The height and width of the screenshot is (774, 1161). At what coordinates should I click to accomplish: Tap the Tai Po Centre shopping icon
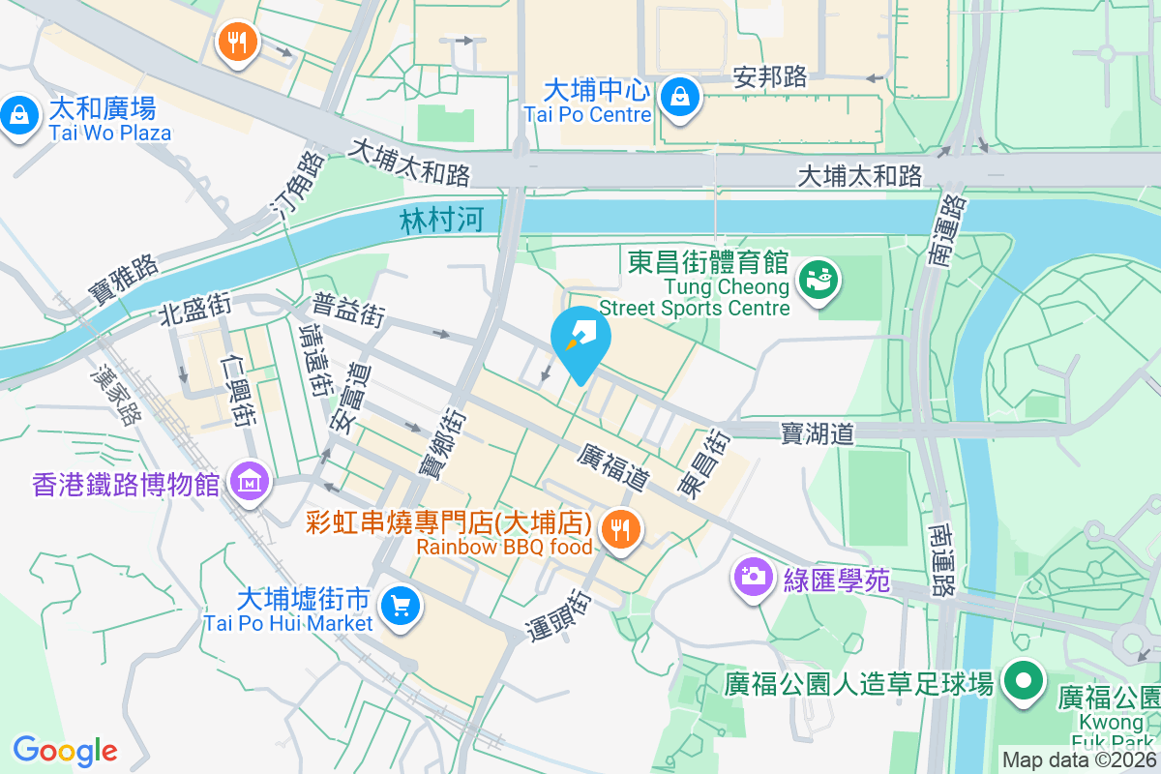click(681, 97)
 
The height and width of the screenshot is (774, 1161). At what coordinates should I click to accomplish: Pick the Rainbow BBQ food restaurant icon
click(617, 529)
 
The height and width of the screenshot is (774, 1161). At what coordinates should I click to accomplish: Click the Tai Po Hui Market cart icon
click(400, 607)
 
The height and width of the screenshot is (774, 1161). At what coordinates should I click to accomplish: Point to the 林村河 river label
click(441, 221)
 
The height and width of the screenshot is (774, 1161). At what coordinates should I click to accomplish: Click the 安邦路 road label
click(770, 77)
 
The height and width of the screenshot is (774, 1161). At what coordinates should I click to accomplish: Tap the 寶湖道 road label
click(818, 433)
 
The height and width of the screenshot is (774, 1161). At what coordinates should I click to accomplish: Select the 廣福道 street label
click(612, 466)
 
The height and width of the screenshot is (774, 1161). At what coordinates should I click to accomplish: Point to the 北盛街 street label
click(195, 308)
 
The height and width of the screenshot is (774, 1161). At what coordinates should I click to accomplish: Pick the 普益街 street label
click(348, 310)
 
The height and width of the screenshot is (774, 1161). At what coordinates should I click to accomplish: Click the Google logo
click(65, 750)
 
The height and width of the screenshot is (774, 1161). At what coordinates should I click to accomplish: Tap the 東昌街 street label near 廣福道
click(703, 463)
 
